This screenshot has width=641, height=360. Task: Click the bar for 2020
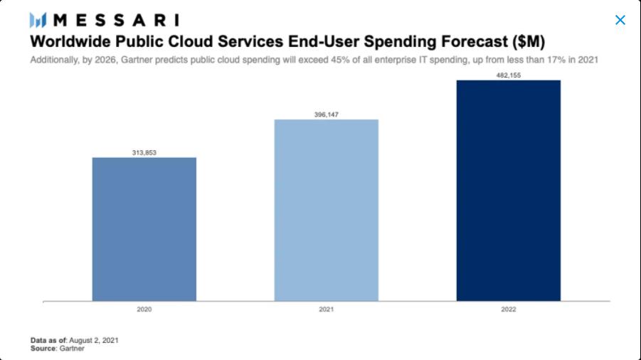point(144,229)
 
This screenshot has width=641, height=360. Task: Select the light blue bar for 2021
point(326,210)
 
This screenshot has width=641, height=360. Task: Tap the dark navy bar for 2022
point(508,191)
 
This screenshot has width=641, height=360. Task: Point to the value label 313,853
point(144,152)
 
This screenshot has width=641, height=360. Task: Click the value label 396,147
point(326,114)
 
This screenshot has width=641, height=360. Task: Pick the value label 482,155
point(508,75)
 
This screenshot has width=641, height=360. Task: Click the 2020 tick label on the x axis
point(144,309)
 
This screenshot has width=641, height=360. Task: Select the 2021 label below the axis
point(326,309)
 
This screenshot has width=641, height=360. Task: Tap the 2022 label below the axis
point(508,309)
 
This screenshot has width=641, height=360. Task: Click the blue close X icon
point(620,20)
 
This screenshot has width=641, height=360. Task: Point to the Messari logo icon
point(38,20)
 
